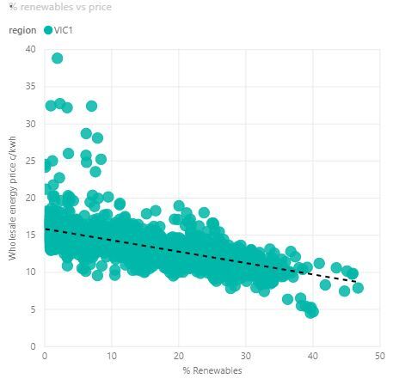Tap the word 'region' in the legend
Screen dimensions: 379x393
click(21, 30)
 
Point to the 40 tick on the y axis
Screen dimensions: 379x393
click(30, 49)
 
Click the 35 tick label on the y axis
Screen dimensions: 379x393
click(30, 87)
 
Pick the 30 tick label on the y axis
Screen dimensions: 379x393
click(30, 124)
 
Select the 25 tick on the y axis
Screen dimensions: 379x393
click(30, 161)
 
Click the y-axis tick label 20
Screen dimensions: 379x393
click(30, 198)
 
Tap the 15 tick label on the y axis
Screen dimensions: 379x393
click(30, 235)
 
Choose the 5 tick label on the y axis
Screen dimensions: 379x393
click(32, 309)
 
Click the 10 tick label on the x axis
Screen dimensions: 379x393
click(112, 356)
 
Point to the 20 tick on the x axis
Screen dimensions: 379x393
click(179, 356)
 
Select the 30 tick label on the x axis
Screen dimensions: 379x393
click(246, 356)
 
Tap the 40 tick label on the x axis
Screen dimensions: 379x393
click(313, 356)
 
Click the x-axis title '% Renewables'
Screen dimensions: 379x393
click(212, 370)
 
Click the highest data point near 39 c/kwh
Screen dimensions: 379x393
click(57, 58)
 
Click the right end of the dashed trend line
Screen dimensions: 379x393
click(356, 281)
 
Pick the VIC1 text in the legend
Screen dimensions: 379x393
click(64, 30)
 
